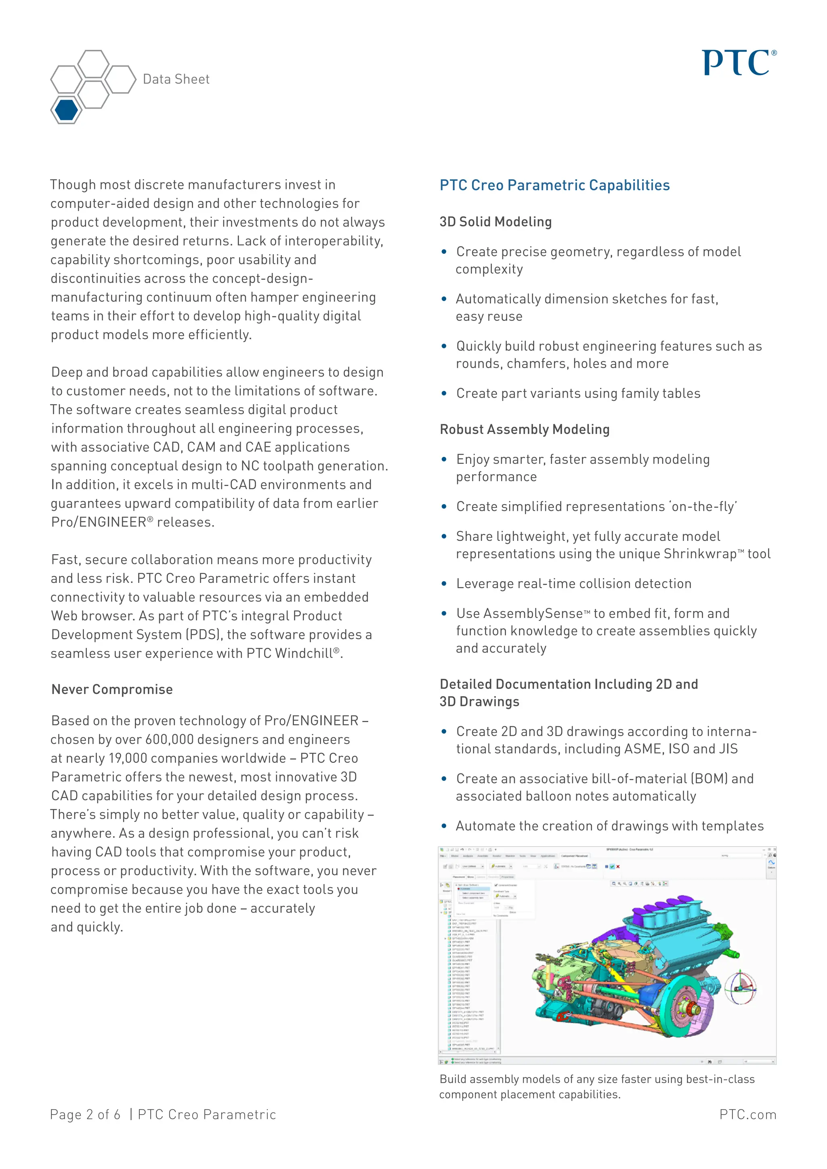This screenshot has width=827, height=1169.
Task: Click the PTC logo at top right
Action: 739,63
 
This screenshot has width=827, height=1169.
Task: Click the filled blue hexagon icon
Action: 67,109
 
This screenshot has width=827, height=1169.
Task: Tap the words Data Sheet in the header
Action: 176,79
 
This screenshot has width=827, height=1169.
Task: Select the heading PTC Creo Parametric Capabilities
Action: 554,185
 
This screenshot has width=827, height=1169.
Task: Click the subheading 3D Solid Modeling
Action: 495,222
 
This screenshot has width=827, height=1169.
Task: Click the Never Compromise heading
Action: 112,689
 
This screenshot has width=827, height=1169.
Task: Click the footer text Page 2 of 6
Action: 85,1115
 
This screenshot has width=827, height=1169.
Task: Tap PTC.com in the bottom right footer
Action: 747,1115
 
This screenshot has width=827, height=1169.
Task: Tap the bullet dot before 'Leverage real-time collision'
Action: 444,584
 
